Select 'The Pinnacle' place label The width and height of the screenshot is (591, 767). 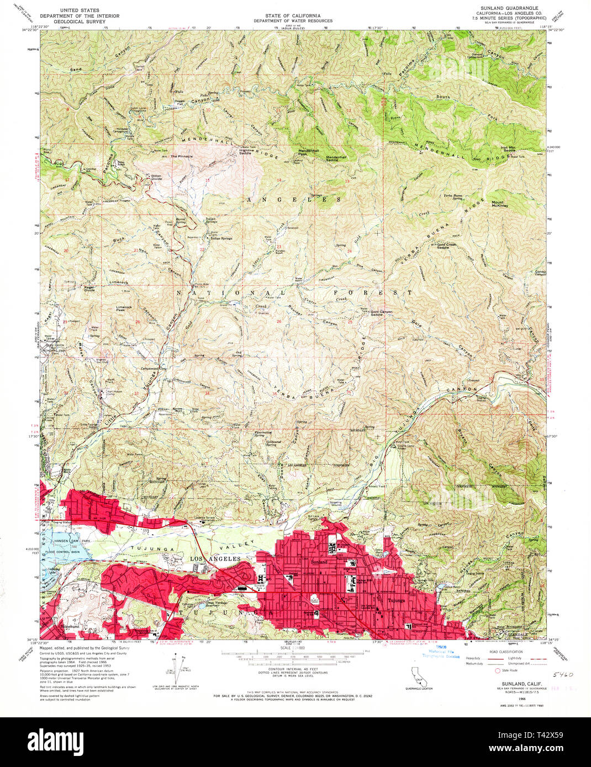(181, 157)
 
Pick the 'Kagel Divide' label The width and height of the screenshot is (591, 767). (89, 288)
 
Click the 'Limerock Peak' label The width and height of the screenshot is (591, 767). (124, 308)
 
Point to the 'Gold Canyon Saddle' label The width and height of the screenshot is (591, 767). (381, 313)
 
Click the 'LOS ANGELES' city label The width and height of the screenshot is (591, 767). (215, 559)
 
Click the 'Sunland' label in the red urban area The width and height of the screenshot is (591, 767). (319, 561)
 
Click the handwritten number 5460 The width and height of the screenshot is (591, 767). (563, 675)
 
